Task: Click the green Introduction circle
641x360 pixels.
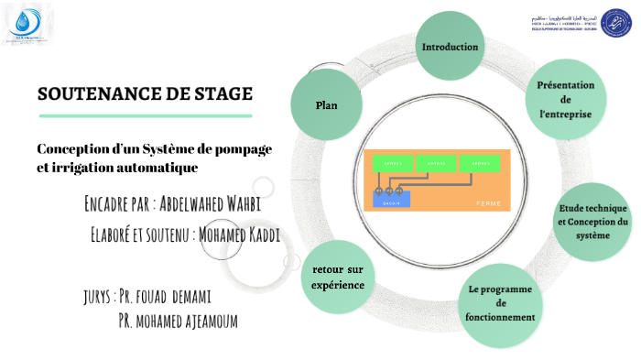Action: click(450, 47)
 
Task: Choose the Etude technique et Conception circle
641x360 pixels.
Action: click(593, 221)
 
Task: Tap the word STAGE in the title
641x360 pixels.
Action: click(219, 94)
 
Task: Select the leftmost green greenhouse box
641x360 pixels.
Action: click(392, 163)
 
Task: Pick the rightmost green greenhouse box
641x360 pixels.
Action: click(480, 163)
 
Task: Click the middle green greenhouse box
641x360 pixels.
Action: click(436, 163)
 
